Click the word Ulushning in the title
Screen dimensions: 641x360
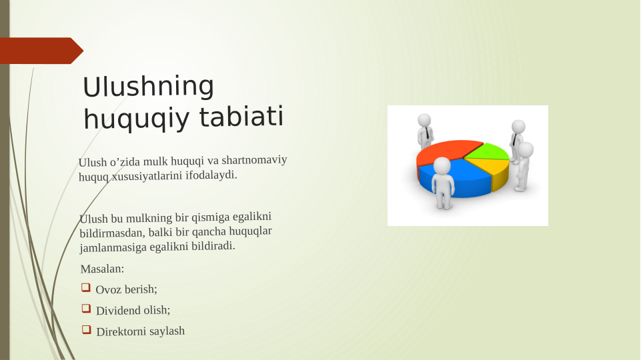(x=148, y=87)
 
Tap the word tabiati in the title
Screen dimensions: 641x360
(x=241, y=116)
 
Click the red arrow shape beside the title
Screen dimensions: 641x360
(x=41, y=51)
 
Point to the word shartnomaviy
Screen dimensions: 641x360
(x=254, y=159)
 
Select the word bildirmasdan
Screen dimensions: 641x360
(x=113, y=233)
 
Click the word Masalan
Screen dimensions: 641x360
(x=102, y=269)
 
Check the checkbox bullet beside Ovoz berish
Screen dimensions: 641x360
(x=86, y=288)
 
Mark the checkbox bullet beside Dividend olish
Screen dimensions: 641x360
(x=86, y=309)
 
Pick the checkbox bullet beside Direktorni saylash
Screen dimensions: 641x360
(x=86, y=329)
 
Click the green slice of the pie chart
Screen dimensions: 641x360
(x=488, y=151)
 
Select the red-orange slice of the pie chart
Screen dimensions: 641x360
(x=446, y=151)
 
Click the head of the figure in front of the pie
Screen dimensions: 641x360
(x=442, y=166)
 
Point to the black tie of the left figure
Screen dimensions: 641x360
(x=428, y=133)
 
